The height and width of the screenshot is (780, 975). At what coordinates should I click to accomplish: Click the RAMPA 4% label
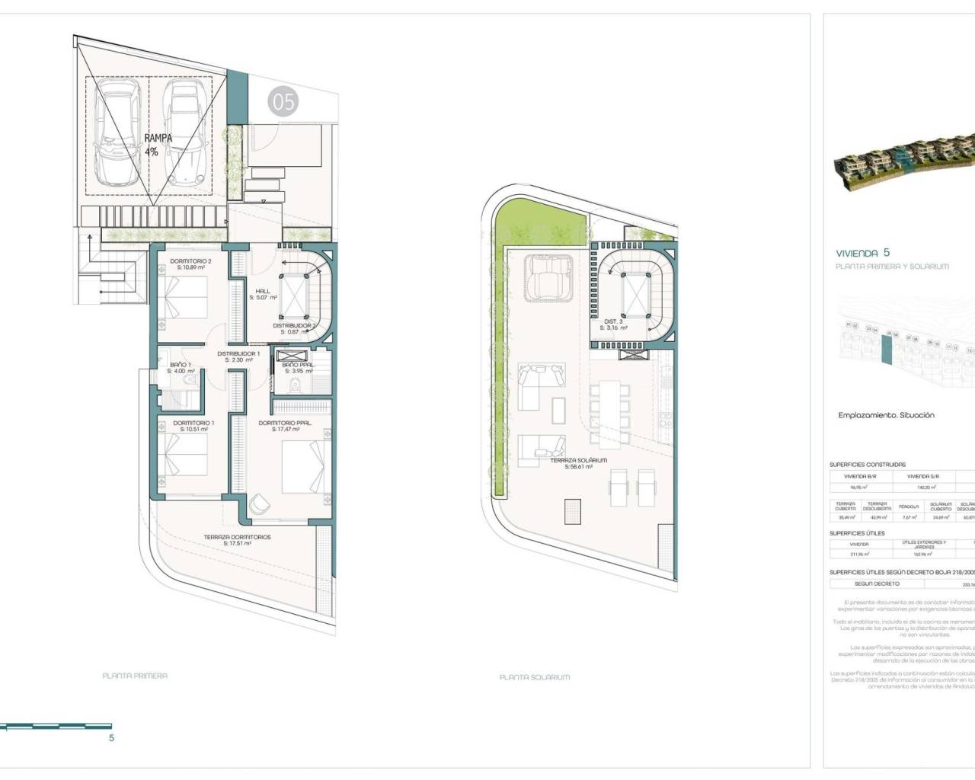click(158, 145)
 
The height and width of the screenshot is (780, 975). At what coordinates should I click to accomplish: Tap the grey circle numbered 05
click(283, 101)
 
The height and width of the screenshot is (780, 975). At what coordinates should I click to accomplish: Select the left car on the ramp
click(117, 134)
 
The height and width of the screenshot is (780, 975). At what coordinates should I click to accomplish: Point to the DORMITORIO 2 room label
click(190, 264)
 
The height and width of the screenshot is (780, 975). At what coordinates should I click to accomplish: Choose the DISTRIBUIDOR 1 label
click(238, 356)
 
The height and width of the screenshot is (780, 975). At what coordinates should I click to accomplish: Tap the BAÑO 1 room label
click(181, 368)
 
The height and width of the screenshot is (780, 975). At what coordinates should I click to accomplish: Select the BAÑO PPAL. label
click(298, 368)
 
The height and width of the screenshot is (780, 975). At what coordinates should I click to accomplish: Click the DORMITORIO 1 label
click(193, 426)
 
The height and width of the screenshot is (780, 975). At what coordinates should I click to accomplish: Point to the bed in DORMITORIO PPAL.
click(303, 465)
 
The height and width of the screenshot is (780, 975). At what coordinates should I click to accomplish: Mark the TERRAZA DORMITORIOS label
click(237, 540)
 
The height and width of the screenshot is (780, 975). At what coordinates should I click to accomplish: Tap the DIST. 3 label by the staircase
click(614, 325)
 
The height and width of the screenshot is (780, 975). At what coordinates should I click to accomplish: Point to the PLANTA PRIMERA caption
click(135, 676)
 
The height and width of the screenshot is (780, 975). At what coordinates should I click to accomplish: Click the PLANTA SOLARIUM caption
click(534, 676)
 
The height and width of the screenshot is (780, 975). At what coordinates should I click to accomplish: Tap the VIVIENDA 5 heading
click(862, 253)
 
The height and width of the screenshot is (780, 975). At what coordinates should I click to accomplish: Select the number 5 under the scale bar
click(111, 737)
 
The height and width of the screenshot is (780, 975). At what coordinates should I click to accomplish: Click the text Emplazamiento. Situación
click(886, 415)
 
